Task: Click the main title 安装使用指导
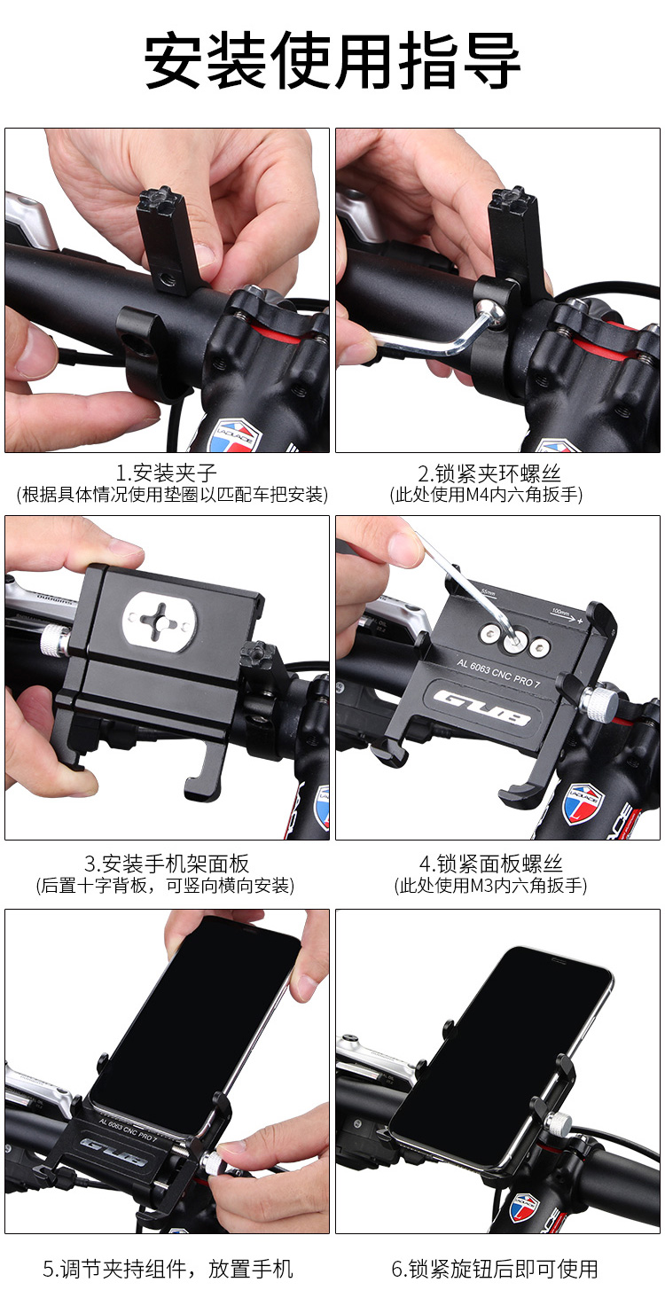(332, 59)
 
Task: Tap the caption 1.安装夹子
(167, 473)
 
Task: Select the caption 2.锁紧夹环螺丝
(489, 473)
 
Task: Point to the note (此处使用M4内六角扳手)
(486, 494)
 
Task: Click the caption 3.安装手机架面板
(167, 864)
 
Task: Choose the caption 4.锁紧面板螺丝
(490, 864)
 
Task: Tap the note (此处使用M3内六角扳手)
(490, 886)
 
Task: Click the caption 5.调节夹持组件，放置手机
(168, 1269)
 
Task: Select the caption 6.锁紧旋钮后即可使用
(495, 1269)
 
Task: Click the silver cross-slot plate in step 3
(160, 622)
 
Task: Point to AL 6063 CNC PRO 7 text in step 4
(498, 673)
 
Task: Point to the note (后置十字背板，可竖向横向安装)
(165, 886)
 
